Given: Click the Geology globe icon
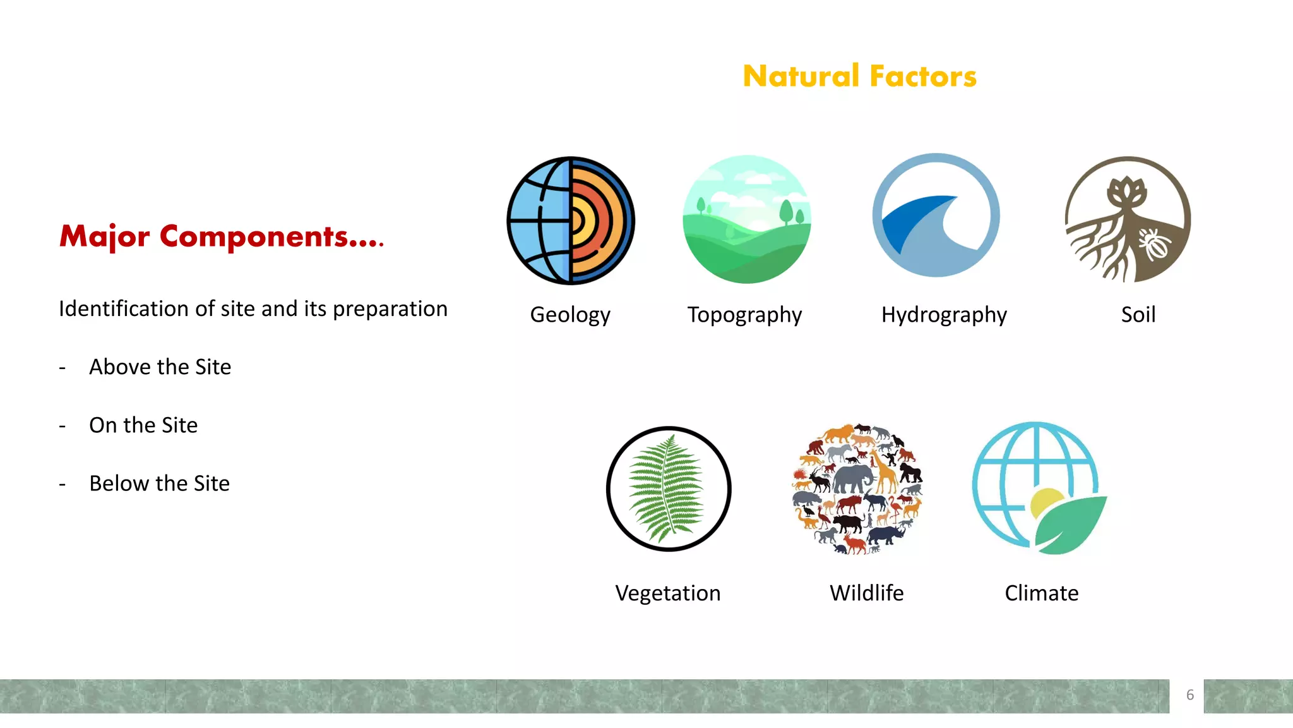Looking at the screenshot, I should coord(571,221).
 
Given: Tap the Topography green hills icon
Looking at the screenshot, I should coord(747,219).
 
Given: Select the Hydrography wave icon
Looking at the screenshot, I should coord(936,215).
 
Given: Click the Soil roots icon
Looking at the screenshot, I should coord(1128,219).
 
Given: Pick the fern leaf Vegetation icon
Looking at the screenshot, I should coord(669,488).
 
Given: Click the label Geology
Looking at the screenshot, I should coord(570,315).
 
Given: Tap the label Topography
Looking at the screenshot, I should coord(744,315).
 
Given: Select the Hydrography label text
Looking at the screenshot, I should coord(944,315).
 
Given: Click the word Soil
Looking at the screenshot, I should coord(1138,315).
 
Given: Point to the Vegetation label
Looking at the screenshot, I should coord(668,593).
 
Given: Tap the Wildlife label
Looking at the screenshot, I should coord(866,593).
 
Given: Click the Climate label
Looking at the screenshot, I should coord(1041,593).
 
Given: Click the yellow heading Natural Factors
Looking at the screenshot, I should coord(859,76).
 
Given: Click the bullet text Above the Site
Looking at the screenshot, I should coord(160,367).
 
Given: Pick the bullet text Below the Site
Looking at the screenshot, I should coord(159,483).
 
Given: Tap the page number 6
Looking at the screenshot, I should coord(1190,695).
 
